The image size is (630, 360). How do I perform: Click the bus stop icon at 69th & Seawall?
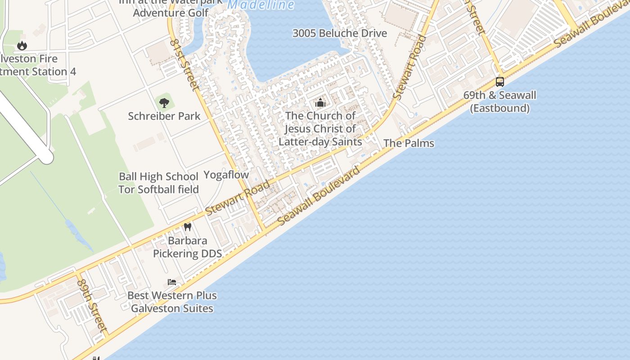point(499,82)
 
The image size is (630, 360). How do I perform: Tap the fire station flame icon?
point(22,45)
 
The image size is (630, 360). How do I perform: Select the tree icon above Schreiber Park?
point(164,103)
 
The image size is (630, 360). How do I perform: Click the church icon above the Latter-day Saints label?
point(320,103)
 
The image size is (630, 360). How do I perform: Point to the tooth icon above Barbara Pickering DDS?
point(188,227)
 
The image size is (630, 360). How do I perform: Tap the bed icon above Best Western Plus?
point(172,282)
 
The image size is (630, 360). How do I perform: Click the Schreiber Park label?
point(164,116)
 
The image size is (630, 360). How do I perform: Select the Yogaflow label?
point(226,175)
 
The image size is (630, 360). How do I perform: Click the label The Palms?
point(409,143)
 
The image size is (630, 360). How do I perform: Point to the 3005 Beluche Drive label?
point(339,33)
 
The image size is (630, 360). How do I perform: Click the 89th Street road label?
point(92,305)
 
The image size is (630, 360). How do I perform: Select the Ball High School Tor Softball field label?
point(158,183)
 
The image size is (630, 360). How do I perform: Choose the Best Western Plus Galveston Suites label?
point(172,302)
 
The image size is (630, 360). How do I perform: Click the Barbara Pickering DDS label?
point(187,247)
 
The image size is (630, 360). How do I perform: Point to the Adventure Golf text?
point(171,13)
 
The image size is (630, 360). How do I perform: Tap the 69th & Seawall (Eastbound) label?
point(499,102)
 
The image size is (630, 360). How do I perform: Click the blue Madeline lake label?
point(261,5)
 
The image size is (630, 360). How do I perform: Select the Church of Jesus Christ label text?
point(320,129)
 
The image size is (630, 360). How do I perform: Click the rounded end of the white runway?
point(46,157)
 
